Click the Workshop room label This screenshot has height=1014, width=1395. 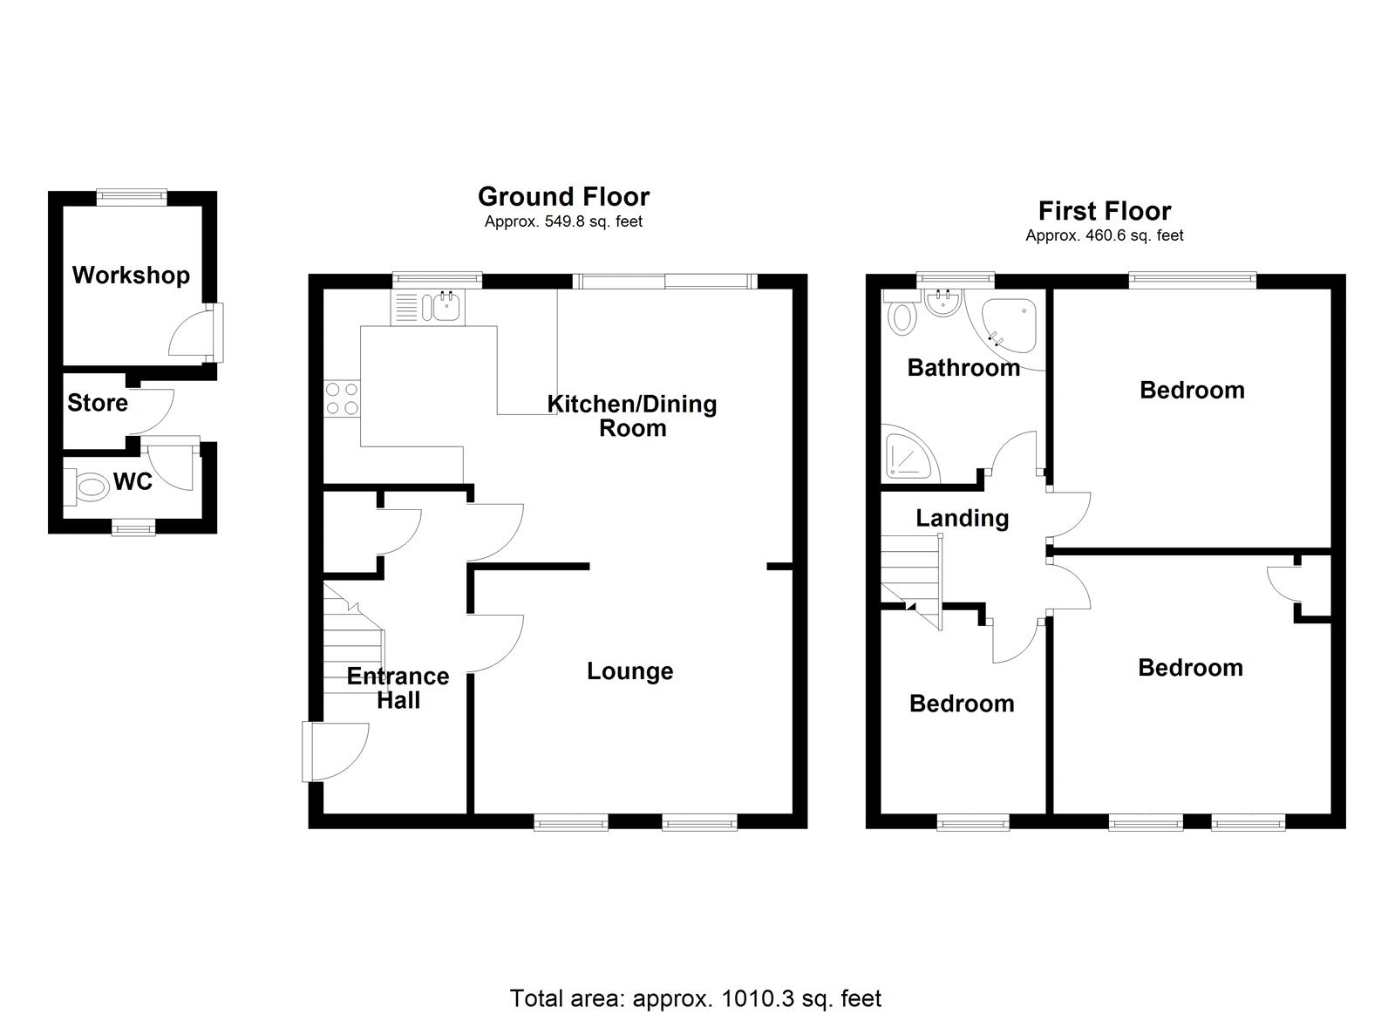131,276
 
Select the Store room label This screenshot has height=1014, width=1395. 98,403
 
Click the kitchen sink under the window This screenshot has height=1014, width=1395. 444,307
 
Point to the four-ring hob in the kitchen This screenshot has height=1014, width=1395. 340,398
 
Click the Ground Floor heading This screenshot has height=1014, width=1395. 563,196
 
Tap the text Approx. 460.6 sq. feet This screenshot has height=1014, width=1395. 1104,235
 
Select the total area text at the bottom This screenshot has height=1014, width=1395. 695,998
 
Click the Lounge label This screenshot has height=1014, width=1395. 629,671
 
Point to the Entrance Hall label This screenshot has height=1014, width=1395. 398,688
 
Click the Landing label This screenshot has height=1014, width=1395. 962,518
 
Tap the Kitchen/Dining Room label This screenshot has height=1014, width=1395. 631,416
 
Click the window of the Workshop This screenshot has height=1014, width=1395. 132,197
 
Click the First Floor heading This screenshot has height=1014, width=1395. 1104,211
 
